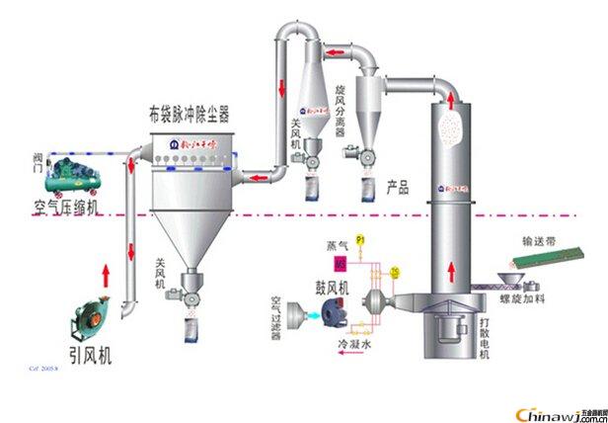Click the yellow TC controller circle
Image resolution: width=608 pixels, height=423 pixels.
pyautogui.click(x=395, y=272)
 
